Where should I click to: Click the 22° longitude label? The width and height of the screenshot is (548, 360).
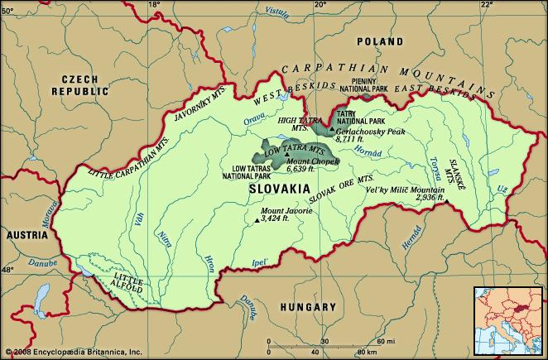pos(487,5)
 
